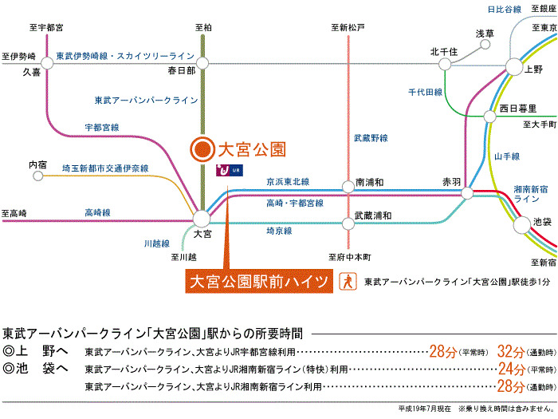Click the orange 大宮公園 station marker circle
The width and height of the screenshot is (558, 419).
pyautogui.click(x=202, y=148)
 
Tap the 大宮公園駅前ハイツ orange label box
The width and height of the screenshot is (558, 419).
pyautogui.click(x=258, y=282)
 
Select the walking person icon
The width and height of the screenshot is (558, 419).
pyautogui.click(x=347, y=282)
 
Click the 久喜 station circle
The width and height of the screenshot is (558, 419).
pyautogui.click(x=48, y=61)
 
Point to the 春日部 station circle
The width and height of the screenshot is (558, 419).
pyautogui.click(x=202, y=61)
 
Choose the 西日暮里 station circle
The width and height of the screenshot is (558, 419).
pyautogui.click(x=489, y=117)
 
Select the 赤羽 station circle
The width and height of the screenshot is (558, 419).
pyautogui.click(x=466, y=192)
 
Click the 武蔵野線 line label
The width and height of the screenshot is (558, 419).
pyautogui.click(x=371, y=138)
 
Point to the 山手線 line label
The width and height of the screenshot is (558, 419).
pyautogui.click(x=507, y=156)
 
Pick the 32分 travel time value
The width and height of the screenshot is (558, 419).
pyautogui.click(x=510, y=351)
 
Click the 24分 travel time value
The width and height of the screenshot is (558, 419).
pyautogui.click(x=510, y=370)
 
